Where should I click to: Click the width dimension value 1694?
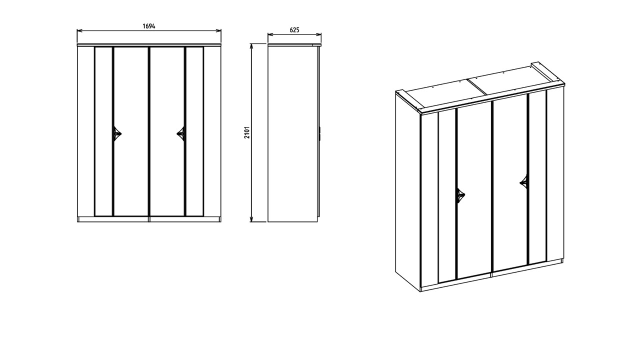(149, 26)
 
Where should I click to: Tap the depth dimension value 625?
(294, 30)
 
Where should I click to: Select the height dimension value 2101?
(247, 132)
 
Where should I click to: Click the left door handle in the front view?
(117, 133)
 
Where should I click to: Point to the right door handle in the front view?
(181, 133)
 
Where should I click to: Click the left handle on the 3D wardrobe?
(460, 195)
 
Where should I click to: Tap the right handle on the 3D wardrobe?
(523, 181)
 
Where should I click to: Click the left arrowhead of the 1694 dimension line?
(79, 30)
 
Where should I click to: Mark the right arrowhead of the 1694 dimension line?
(218, 30)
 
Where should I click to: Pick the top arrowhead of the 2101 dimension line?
(251, 46)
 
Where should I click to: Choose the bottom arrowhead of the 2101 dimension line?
(251, 219)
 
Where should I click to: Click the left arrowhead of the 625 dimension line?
(270, 34)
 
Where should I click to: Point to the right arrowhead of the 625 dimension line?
(318, 34)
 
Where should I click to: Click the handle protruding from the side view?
(320, 133)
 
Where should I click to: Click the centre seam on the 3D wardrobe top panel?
(477, 87)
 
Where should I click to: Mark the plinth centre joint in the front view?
(149, 219)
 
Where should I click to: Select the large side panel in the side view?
(292, 133)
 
